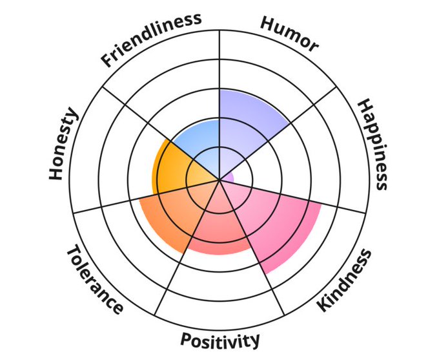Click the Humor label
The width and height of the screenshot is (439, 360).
point(289,34)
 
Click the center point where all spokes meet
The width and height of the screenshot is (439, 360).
point(220,181)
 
